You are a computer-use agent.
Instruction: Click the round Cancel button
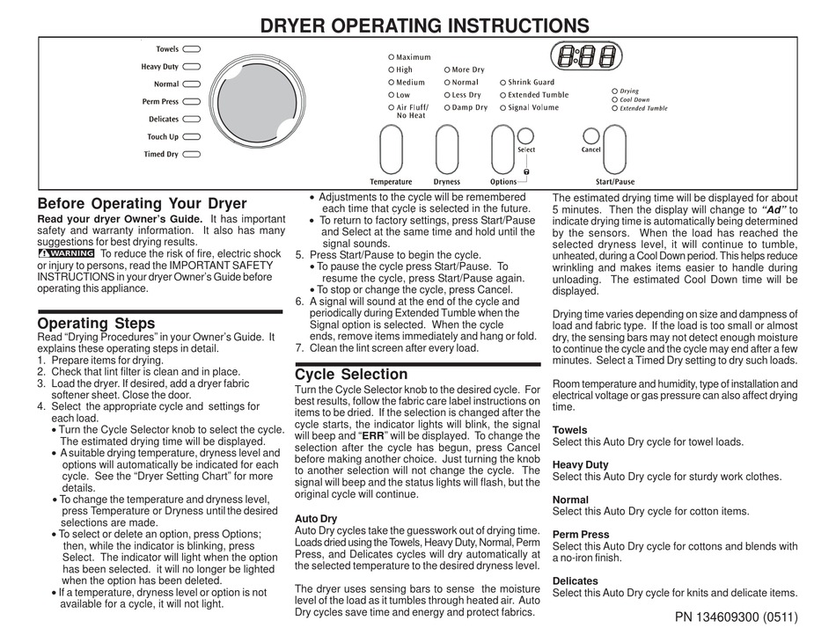click(590, 135)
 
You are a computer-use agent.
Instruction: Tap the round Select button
click(525, 135)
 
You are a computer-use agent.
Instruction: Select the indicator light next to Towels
click(192, 49)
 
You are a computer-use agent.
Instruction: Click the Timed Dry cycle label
click(161, 154)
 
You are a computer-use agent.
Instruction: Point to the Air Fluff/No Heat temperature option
click(411, 111)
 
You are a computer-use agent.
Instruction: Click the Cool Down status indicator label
click(634, 99)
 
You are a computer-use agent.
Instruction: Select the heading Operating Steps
click(96, 323)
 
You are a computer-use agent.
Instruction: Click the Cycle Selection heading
click(351, 374)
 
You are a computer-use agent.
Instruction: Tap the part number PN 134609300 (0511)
click(736, 617)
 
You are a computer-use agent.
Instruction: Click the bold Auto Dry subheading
click(315, 519)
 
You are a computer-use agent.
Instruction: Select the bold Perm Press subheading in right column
click(581, 534)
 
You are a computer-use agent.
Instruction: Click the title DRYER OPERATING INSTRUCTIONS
click(424, 26)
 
